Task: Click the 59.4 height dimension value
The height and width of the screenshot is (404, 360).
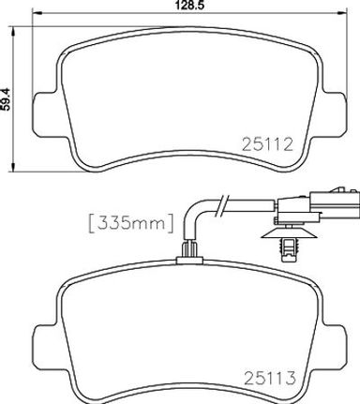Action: click(6, 99)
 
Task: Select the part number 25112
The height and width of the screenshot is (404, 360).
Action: click(268, 144)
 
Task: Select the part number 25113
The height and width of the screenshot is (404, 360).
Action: click(269, 378)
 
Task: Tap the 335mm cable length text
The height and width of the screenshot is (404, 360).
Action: click(131, 223)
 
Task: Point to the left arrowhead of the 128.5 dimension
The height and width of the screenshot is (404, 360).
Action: click(37, 13)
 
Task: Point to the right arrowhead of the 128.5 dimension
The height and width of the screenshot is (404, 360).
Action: click(343, 13)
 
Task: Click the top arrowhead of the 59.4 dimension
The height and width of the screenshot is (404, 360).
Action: click(13, 31)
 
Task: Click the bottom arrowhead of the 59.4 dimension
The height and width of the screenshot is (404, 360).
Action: click(13, 167)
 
